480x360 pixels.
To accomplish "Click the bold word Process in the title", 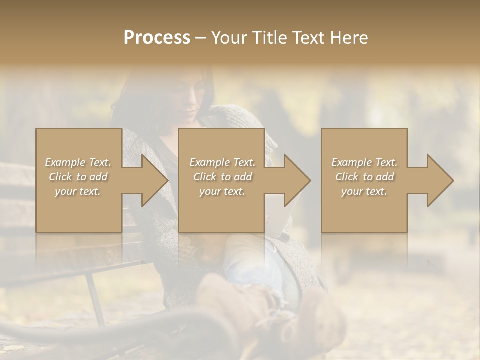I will (157, 38).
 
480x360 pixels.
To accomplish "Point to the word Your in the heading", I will (230, 38).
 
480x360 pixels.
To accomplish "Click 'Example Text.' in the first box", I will (78, 162).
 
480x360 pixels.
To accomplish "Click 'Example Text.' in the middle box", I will (222, 162).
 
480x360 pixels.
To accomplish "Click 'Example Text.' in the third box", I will (364, 162).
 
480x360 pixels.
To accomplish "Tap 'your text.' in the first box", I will (78, 191).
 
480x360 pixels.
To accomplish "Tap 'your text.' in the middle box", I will (222, 191).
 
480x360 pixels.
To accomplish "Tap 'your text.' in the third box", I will (364, 191).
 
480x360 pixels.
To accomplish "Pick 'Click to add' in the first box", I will (78, 177).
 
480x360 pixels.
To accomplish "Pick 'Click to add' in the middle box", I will (222, 177).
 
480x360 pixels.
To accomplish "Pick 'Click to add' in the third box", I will (364, 177).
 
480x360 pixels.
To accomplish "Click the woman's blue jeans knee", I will (245, 265).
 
